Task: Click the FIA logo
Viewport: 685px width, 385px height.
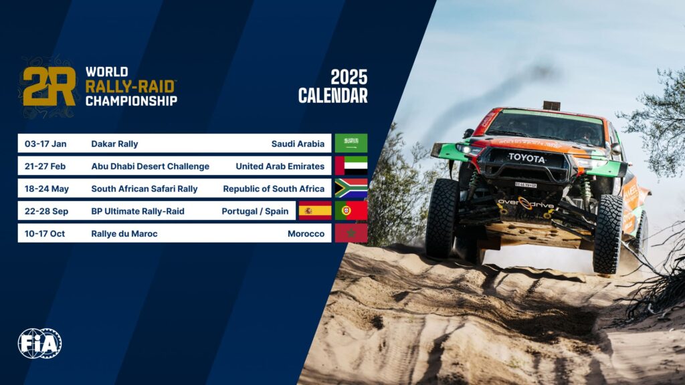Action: coord(39,344)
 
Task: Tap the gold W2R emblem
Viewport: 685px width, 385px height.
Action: coord(49,87)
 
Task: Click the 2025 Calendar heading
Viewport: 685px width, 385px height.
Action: coord(332,87)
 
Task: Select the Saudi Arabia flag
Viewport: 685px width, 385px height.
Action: coord(351,143)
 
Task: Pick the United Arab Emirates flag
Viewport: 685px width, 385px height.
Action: coord(351,166)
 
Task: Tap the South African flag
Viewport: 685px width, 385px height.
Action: coord(351,188)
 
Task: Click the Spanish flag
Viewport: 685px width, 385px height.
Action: coord(315,211)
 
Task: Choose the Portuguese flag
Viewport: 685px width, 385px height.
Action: coord(351,211)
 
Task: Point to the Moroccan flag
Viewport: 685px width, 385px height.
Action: coord(351,233)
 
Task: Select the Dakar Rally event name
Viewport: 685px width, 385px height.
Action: coord(114,144)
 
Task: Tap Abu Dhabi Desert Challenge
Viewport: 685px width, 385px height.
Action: coord(150,166)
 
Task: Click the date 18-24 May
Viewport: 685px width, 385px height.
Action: coord(47,188)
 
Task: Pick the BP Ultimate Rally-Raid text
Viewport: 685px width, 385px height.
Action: coord(138,211)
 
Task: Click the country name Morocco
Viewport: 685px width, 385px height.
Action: coord(306,234)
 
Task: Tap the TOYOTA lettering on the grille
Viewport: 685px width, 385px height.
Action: coord(526,158)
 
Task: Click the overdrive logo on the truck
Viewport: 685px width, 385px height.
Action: coord(525,202)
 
